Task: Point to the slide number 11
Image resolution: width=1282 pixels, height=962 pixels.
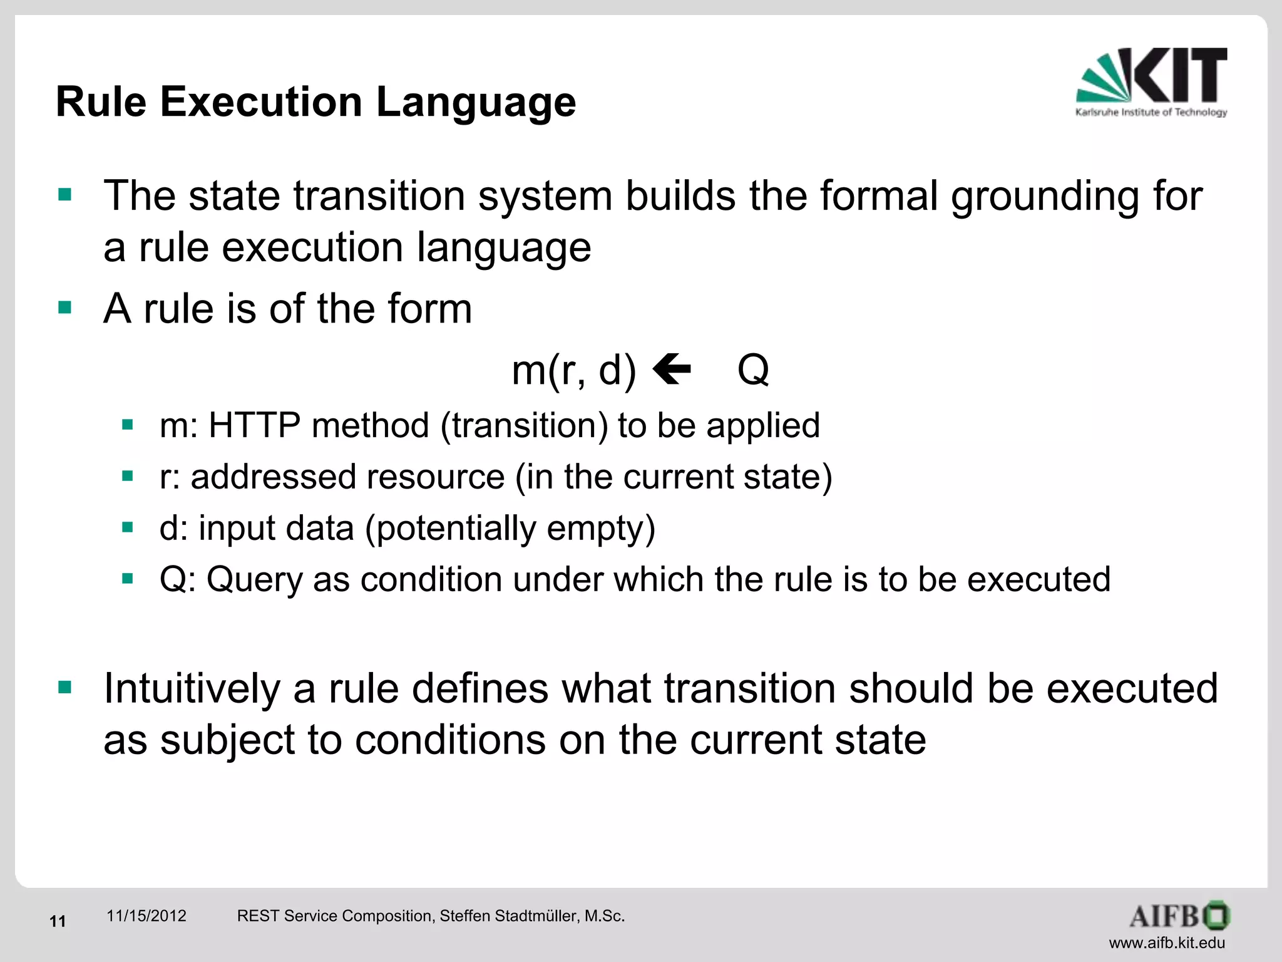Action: [x=58, y=921]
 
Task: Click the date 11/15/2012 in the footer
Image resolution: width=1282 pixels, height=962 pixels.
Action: [x=146, y=916]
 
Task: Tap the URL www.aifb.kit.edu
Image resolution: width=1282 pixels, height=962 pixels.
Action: [x=1167, y=943]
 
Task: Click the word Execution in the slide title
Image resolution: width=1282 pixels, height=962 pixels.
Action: [x=261, y=101]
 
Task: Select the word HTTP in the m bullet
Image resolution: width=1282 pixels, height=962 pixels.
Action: [x=254, y=425]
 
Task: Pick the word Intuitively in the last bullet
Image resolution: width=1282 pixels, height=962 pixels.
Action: [x=192, y=688]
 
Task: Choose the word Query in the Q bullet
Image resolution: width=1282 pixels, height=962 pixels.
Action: [x=254, y=579]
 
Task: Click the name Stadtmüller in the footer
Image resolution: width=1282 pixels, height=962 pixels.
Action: [x=534, y=916]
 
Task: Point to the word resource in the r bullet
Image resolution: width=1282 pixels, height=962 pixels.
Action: [x=435, y=477]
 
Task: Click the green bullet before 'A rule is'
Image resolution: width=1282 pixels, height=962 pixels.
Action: [x=64, y=307]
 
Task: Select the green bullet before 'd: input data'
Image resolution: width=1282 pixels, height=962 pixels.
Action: [x=128, y=527]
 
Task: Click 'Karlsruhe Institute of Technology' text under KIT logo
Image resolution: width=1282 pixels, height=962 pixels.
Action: [x=1151, y=112]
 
